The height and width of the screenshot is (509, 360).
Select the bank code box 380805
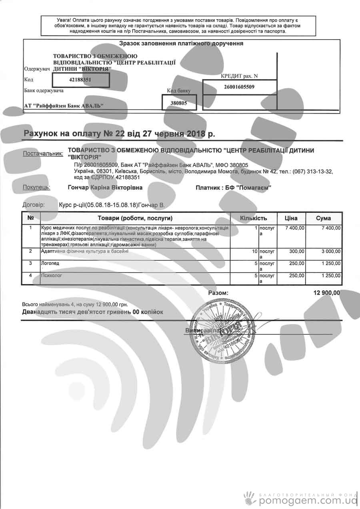coord(179,102)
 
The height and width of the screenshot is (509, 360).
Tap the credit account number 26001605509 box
coord(239,86)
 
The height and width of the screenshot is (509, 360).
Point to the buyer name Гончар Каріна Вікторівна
coord(105,187)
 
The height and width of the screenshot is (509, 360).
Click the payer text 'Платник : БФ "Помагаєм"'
coord(233,188)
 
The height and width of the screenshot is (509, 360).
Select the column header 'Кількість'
coord(253,218)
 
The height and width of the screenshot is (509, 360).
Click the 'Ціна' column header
coord(291,218)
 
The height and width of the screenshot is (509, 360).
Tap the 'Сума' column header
coord(323,218)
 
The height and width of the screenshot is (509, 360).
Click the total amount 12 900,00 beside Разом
coord(327,293)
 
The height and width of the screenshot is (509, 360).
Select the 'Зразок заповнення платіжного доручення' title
coord(181,43)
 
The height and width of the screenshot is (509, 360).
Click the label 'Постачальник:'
coord(43,154)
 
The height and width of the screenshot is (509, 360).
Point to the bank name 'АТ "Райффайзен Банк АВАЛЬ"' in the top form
coord(64,106)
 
